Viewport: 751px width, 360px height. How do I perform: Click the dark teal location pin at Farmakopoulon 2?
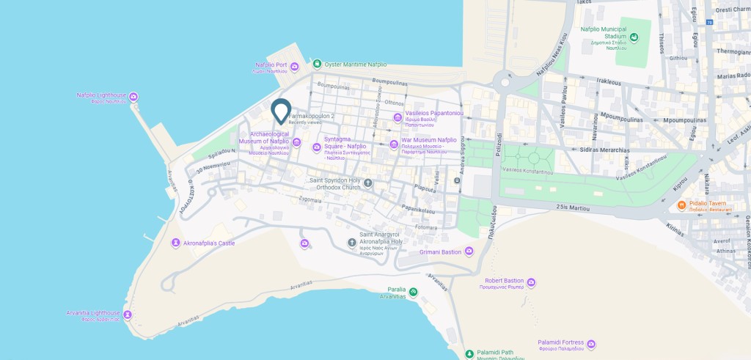click(281, 110)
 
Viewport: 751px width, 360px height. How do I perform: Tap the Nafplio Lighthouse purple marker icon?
click(133, 97)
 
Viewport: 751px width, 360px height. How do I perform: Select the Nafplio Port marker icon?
click(294, 67)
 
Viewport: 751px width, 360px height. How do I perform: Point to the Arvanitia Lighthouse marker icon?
click(127, 315)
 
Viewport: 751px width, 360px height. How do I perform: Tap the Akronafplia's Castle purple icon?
click(175, 243)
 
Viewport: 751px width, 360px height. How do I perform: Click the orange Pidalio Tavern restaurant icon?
click(681, 205)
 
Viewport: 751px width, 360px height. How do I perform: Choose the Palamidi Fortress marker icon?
click(591, 344)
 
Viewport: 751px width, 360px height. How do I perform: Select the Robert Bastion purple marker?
click(531, 282)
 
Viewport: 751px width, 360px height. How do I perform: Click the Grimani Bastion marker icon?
click(469, 252)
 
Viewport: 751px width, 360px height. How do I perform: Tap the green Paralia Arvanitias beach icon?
click(414, 293)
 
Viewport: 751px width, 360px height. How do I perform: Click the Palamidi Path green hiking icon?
click(469, 354)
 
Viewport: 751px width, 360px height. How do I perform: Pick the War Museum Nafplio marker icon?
click(394, 143)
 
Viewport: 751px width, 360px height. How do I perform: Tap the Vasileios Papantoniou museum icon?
click(398, 117)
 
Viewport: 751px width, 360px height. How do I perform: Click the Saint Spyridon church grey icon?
click(368, 183)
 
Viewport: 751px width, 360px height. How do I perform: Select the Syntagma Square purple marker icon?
click(316, 147)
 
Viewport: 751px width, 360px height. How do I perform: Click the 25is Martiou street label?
click(573, 207)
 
